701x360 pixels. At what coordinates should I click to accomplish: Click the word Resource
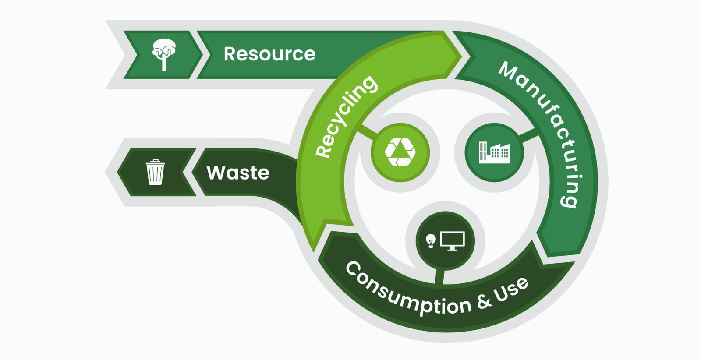(269, 54)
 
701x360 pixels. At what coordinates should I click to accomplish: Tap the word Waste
(238, 173)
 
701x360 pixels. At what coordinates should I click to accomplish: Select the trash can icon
(155, 172)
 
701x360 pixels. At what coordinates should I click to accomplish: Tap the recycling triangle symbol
(400, 152)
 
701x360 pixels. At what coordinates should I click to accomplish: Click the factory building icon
(494, 152)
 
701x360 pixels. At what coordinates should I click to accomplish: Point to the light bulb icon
(431, 240)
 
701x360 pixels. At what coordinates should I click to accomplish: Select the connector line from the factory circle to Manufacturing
(528, 136)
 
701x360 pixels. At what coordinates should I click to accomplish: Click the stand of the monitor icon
(452, 248)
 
